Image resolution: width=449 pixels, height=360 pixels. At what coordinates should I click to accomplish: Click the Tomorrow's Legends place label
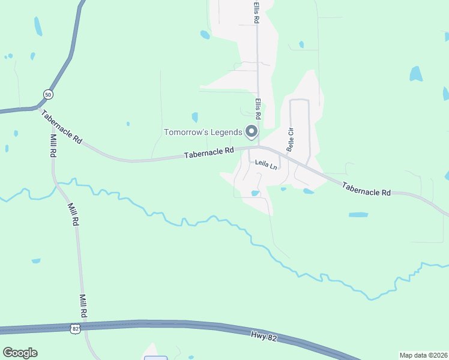(203, 132)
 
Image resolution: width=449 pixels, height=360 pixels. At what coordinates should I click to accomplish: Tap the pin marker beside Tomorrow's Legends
(252, 131)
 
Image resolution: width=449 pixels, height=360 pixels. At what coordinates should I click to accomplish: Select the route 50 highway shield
(48, 94)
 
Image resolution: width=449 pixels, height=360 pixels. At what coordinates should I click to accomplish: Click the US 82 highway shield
(74, 328)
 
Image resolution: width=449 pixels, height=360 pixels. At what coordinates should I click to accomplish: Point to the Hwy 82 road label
(264, 338)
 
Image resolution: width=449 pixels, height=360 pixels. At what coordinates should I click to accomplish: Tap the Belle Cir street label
(291, 139)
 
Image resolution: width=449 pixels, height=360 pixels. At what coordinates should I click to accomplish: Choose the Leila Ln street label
(266, 163)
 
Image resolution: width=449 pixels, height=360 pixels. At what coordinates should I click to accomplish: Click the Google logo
(20, 353)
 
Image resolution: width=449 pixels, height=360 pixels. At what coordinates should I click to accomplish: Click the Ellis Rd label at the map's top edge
(256, 12)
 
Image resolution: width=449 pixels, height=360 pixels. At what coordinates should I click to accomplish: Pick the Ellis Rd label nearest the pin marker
(258, 109)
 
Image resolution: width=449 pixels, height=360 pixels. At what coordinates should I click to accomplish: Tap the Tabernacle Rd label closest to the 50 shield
(62, 126)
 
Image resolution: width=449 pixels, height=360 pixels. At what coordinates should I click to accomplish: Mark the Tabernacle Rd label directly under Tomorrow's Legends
(208, 154)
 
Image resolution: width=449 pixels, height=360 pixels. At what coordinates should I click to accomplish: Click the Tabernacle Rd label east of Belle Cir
(367, 189)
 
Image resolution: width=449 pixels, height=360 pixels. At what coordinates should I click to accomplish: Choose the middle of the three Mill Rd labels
(73, 214)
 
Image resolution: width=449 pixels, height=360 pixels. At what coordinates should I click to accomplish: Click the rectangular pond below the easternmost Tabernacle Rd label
(358, 214)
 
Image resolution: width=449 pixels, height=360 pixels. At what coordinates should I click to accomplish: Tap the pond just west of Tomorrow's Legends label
(194, 117)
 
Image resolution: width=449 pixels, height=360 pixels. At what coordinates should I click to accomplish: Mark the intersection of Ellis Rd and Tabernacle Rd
(258, 147)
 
